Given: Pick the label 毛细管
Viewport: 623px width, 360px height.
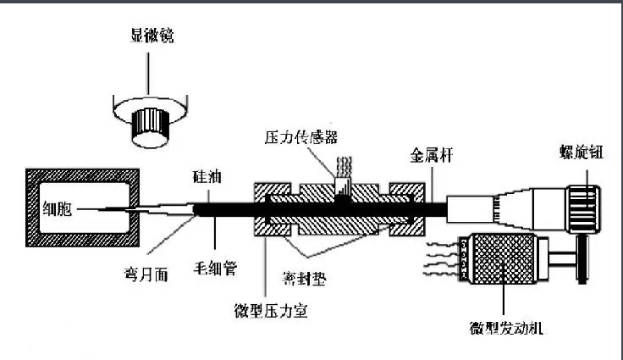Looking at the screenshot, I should click(218, 269).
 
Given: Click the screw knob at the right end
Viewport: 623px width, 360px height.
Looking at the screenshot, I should click(582, 205).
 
